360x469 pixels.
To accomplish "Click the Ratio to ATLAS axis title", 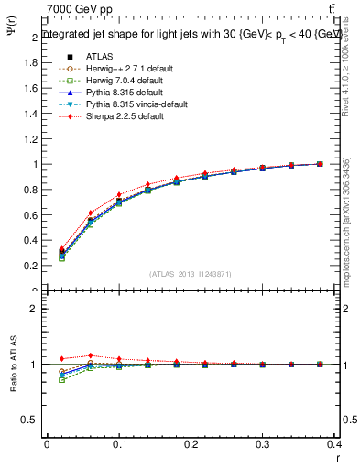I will [x=14, y=365].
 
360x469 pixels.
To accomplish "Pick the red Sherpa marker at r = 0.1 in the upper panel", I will [x=119, y=194].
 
